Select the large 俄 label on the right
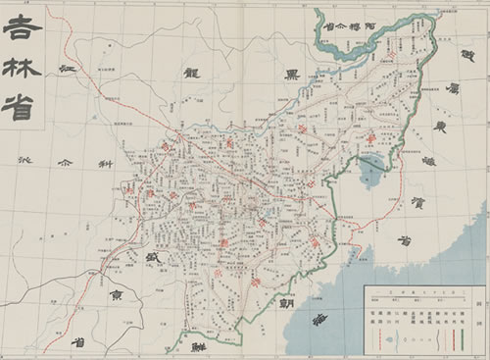pyautogui.click(x=454, y=59)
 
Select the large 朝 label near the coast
pyautogui.click(x=288, y=304)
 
